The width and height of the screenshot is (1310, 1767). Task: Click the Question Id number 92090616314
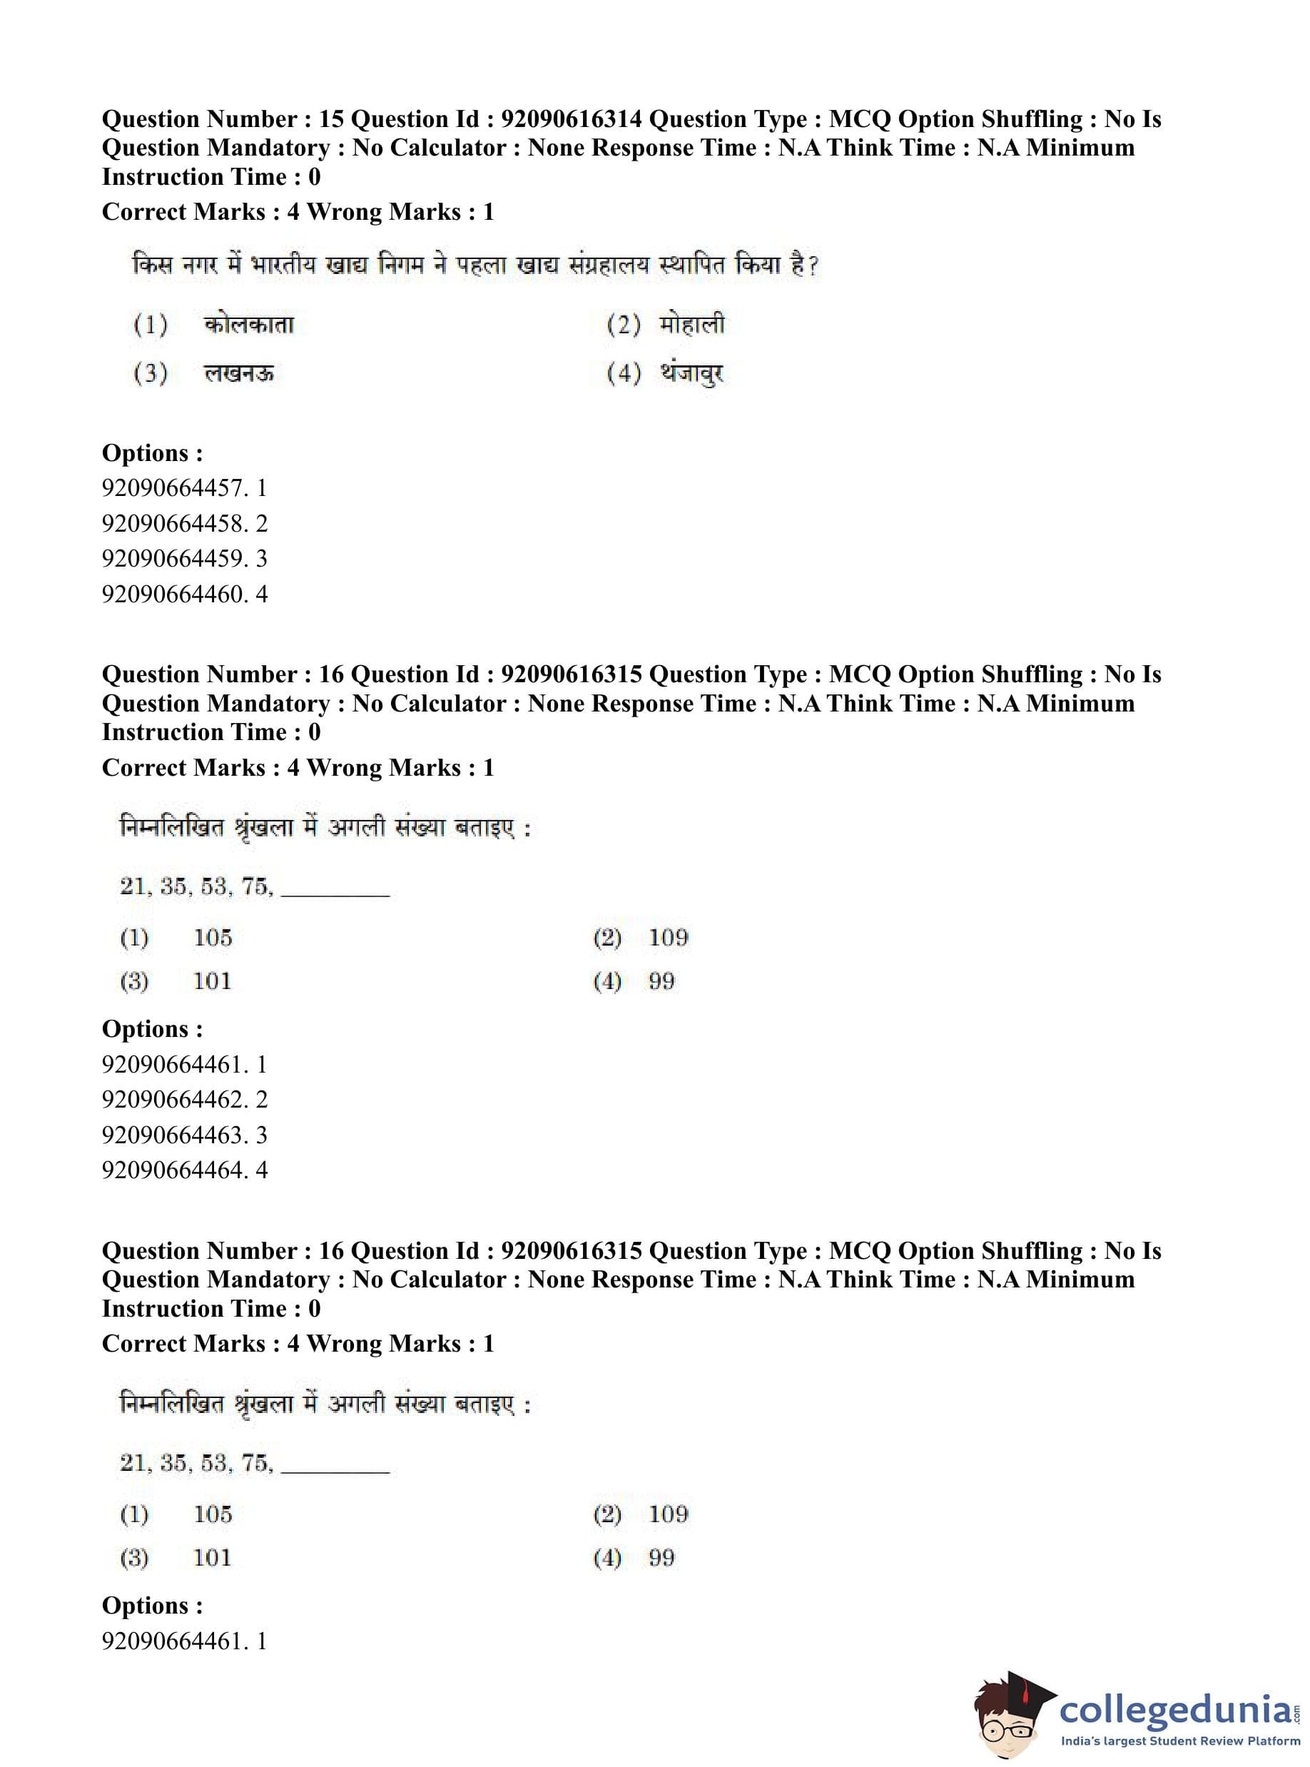point(571,119)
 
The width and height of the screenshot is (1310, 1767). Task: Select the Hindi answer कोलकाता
point(249,325)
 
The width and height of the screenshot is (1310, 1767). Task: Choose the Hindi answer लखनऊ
point(239,373)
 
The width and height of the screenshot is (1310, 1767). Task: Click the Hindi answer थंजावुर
point(691,373)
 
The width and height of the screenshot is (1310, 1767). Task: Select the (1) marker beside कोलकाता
point(150,325)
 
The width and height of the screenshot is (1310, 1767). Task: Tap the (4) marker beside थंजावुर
point(624,373)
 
